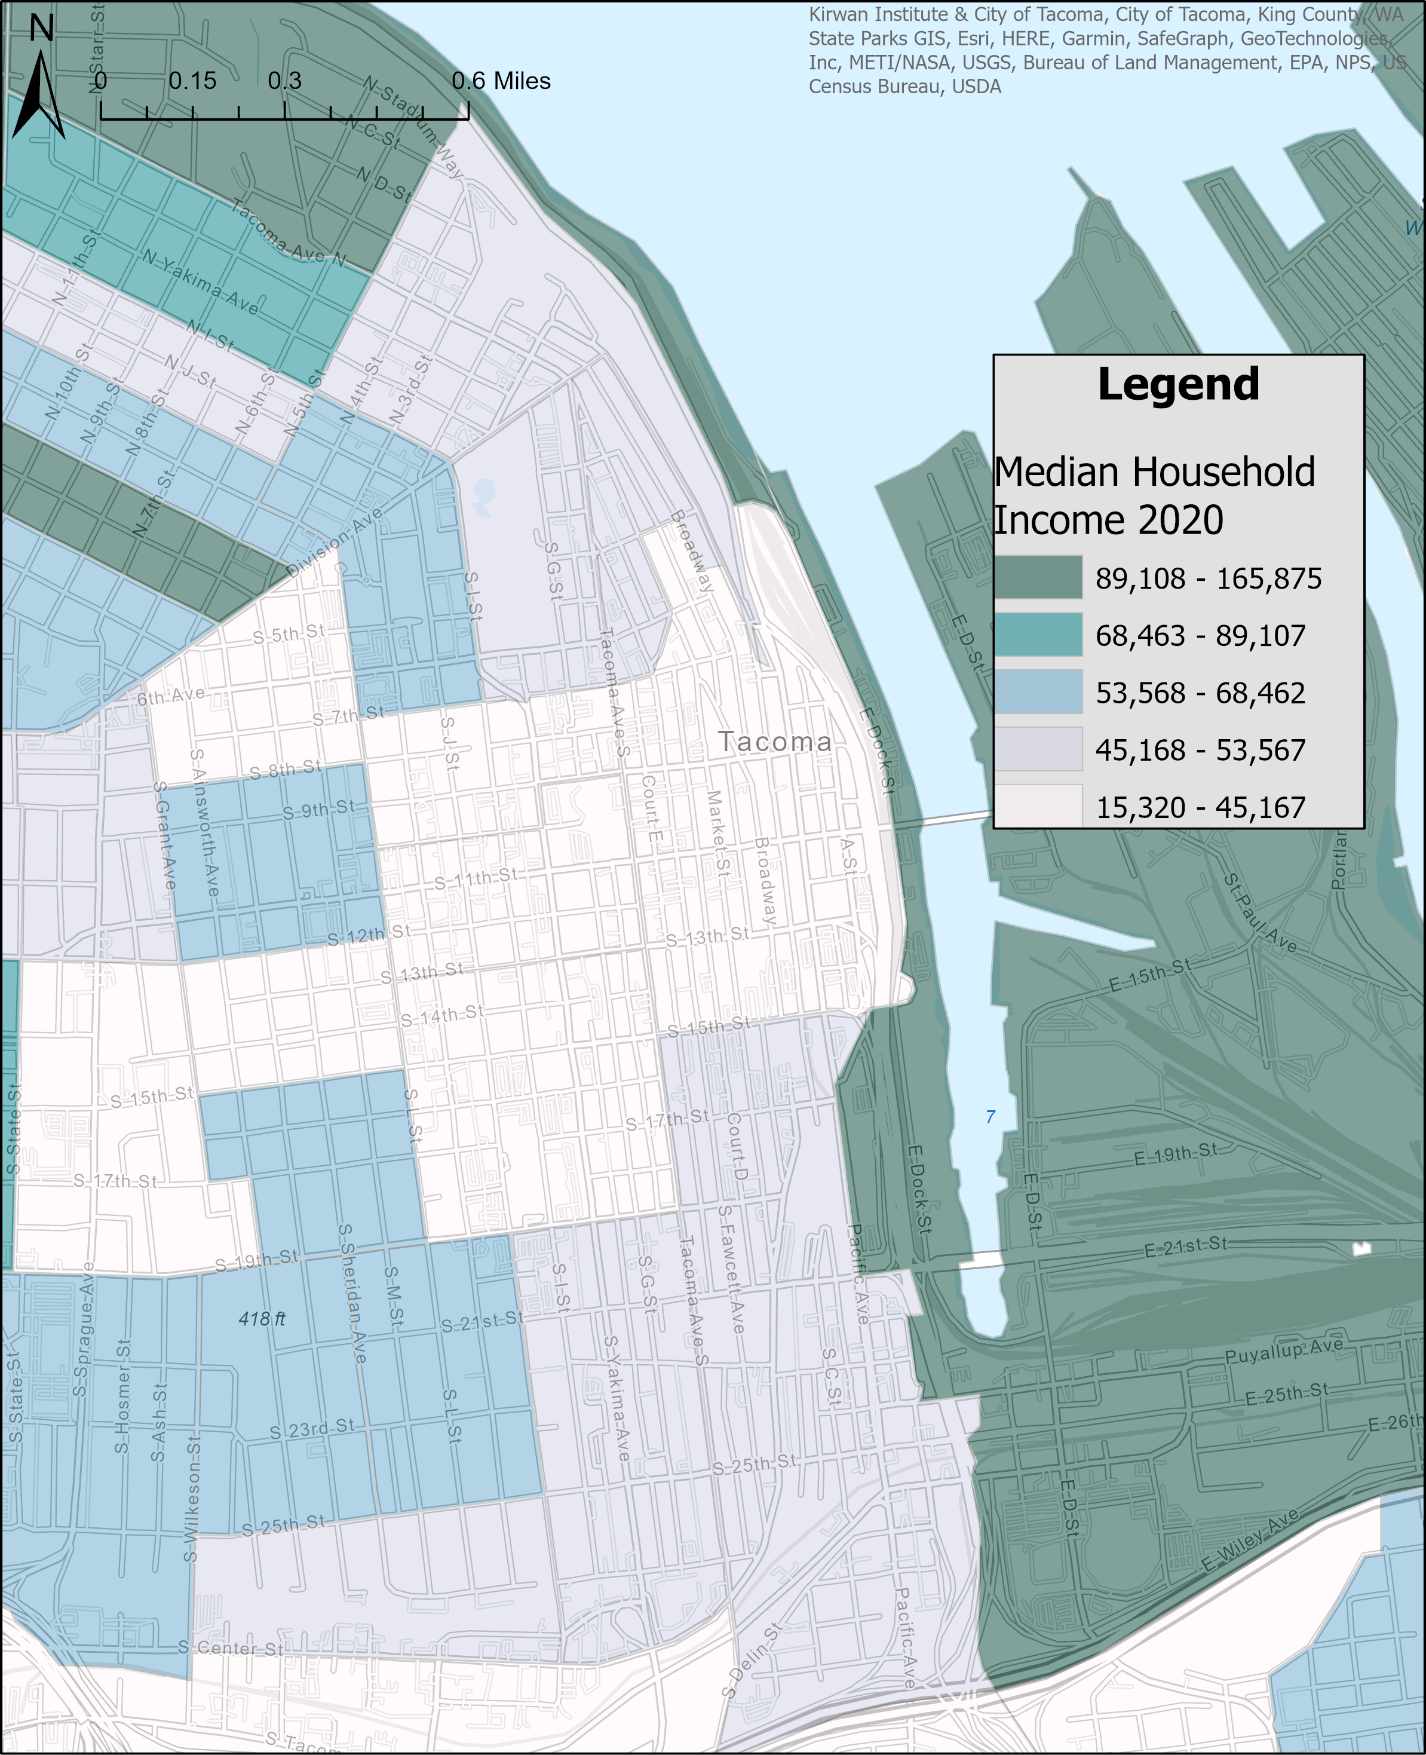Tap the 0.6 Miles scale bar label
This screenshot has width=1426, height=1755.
[501, 81]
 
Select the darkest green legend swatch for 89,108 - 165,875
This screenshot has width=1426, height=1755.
[1038, 577]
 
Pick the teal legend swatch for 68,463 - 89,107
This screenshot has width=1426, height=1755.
[1038, 635]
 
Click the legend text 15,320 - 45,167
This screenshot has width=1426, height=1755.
[1200, 807]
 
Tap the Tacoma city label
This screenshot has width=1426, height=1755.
[775, 742]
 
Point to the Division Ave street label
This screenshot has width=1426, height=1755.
[335, 543]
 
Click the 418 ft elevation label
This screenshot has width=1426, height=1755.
[262, 1319]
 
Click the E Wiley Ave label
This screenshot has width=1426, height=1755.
[1250, 1540]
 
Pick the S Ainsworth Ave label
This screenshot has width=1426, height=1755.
[204, 822]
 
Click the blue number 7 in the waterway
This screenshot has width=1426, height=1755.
[990, 1117]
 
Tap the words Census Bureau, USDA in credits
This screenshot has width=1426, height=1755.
[904, 87]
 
